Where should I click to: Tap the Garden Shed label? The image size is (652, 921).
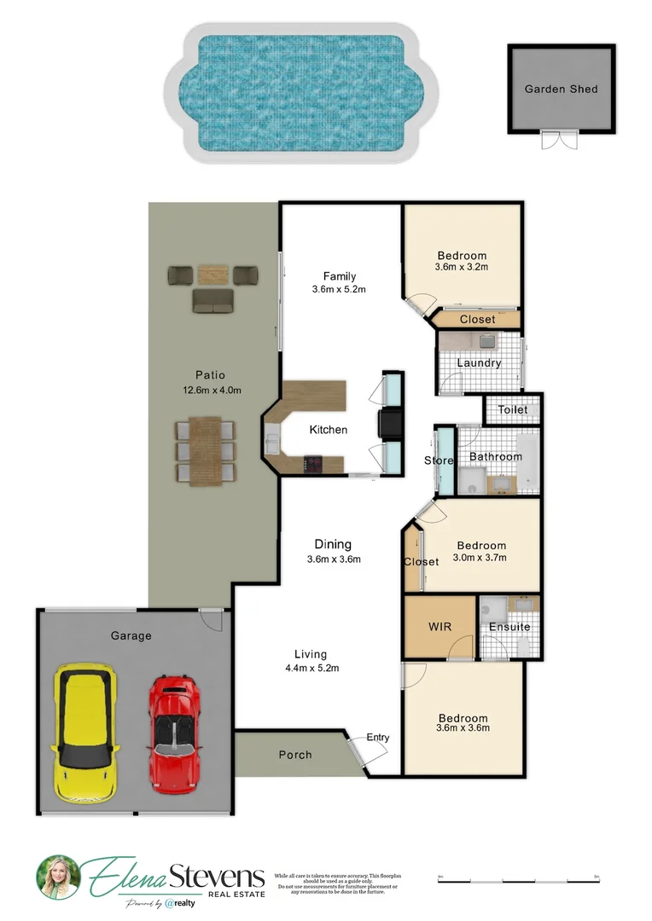pyautogui.click(x=561, y=89)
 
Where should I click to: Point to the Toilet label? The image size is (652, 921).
pyautogui.click(x=513, y=410)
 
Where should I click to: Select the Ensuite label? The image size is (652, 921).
pyautogui.click(x=509, y=627)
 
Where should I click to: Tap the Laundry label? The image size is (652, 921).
pyautogui.click(x=478, y=363)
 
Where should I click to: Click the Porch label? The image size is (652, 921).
pyautogui.click(x=295, y=755)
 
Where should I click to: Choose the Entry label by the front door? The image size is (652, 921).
pyautogui.click(x=377, y=738)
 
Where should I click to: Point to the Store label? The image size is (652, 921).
pyautogui.click(x=439, y=461)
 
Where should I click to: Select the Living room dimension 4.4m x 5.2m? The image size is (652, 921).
pyautogui.click(x=311, y=668)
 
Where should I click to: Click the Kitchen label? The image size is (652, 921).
pyautogui.click(x=328, y=430)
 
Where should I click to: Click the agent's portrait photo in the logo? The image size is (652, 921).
pyautogui.click(x=57, y=876)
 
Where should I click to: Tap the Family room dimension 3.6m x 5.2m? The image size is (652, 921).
pyautogui.click(x=339, y=289)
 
